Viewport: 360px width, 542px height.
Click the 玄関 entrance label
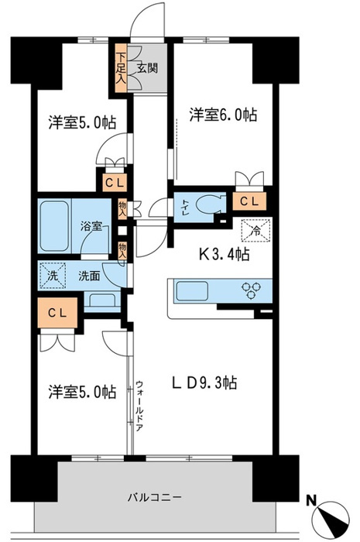click(147, 68)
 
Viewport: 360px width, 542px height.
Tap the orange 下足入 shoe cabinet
click(121, 68)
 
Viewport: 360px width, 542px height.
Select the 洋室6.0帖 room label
click(223, 115)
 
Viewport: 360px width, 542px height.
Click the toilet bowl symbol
click(209, 206)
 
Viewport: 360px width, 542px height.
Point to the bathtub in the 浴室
click(54, 226)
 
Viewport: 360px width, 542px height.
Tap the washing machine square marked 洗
click(53, 275)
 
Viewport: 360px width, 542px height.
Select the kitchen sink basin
click(193, 291)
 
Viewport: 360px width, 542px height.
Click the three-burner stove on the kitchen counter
click(251, 290)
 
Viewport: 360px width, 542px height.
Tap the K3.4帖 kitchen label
click(224, 255)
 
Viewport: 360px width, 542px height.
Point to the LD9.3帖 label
click(204, 382)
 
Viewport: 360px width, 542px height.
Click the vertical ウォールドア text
click(139, 405)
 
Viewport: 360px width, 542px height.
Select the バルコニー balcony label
click(154, 498)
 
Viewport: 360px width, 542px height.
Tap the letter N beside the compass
click(312, 500)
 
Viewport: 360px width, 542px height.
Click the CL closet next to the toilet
click(249, 201)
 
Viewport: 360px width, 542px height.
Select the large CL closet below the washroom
click(57, 313)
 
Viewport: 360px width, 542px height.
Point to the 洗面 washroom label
click(89, 276)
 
